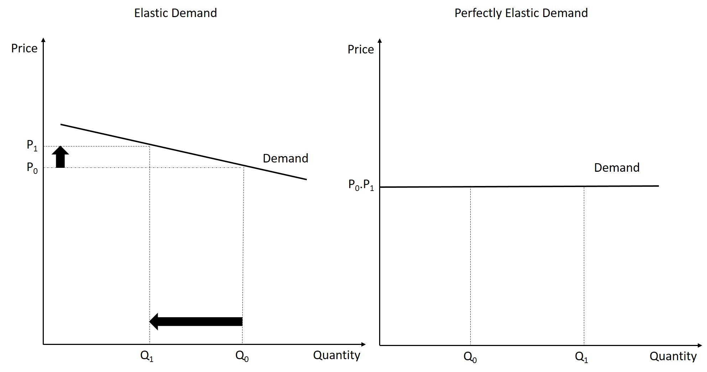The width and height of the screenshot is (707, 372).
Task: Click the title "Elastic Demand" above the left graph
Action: tap(175, 13)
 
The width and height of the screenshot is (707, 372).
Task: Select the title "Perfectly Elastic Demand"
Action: tap(521, 13)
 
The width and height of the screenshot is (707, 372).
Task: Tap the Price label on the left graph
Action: tap(24, 48)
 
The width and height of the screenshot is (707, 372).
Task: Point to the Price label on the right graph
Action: tap(361, 50)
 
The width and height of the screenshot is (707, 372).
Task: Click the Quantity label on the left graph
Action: tap(336, 355)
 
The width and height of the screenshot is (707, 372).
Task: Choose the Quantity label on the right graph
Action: tap(673, 356)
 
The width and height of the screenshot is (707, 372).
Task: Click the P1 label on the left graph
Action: tap(32, 145)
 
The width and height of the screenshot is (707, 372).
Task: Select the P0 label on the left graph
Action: tap(32, 167)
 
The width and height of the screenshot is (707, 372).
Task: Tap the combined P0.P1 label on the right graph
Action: tap(361, 185)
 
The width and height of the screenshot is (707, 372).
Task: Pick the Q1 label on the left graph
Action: tap(147, 356)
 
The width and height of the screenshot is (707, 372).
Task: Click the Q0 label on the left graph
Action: tap(242, 356)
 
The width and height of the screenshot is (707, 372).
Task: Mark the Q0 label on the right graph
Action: tap(470, 357)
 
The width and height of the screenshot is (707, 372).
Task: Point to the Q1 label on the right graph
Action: tap(581, 357)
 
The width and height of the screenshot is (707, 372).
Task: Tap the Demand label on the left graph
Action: tap(285, 158)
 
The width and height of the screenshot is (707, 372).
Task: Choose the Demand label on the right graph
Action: tap(617, 167)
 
